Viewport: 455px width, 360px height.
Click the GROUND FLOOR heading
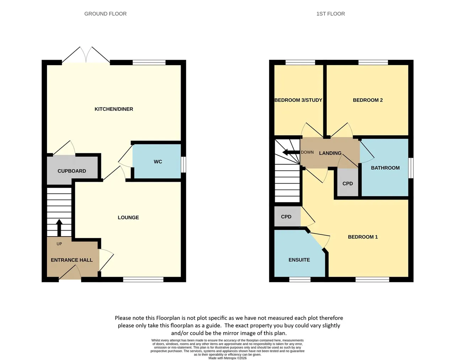point(105,14)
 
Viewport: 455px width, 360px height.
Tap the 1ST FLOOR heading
point(331,14)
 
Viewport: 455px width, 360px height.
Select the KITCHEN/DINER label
point(114,109)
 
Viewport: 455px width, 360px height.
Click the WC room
point(157,162)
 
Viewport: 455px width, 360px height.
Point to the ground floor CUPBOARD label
point(72,171)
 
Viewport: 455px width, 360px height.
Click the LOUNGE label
point(128,217)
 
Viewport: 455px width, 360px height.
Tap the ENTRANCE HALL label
point(72,260)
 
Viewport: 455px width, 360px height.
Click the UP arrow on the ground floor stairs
point(59,228)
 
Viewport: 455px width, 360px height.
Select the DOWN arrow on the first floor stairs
point(291,152)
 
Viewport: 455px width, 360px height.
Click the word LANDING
point(330,153)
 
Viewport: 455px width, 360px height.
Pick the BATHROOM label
point(385,168)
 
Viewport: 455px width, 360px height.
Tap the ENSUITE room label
point(299,260)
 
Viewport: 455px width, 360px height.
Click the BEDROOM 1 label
point(363,237)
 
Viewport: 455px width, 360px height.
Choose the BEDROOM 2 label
point(368,100)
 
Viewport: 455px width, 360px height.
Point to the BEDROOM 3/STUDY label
point(298,100)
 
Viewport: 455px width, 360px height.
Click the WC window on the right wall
point(183,164)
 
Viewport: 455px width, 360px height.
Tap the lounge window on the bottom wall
point(143,279)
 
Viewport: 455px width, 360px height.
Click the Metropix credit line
point(227,358)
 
